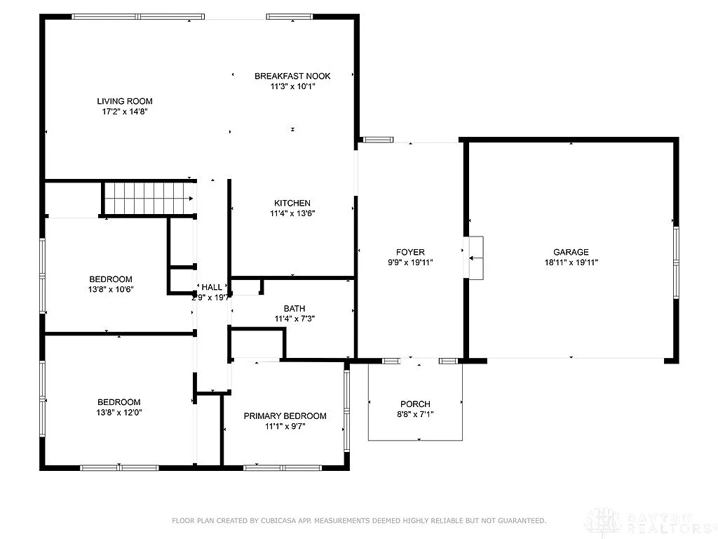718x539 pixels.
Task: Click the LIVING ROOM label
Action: click(125, 101)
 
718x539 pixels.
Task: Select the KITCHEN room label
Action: click(292, 204)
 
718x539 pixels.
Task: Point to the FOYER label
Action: click(410, 253)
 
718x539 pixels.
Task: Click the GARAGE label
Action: click(571, 253)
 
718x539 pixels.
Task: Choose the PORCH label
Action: click(415, 404)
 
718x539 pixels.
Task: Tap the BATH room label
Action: click(294, 309)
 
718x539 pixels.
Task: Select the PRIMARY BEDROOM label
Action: click(285, 416)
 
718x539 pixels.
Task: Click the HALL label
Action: click(212, 288)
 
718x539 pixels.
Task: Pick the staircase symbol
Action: click(149, 198)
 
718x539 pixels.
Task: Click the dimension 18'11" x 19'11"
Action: click(571, 263)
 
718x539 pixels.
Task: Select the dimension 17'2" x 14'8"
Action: click(125, 112)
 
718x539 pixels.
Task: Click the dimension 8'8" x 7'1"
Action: click(415, 414)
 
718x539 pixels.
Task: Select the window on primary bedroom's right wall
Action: click(346, 408)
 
